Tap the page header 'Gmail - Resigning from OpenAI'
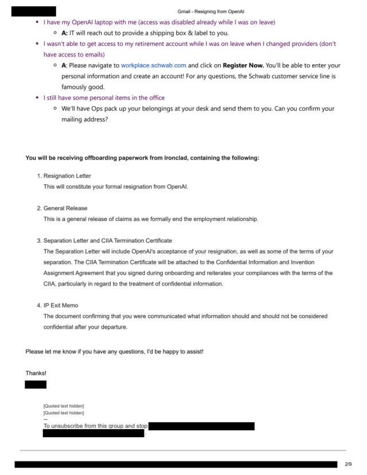click(x=211, y=11)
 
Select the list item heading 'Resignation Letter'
click(x=67, y=176)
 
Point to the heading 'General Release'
click(x=65, y=208)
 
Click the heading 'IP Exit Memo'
click(x=61, y=305)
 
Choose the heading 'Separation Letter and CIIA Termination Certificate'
click(x=108, y=240)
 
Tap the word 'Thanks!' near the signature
click(x=36, y=373)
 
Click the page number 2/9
click(x=349, y=464)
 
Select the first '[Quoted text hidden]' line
click(x=64, y=406)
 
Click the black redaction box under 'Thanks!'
click(x=36, y=384)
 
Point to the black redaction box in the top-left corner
click(x=34, y=11)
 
